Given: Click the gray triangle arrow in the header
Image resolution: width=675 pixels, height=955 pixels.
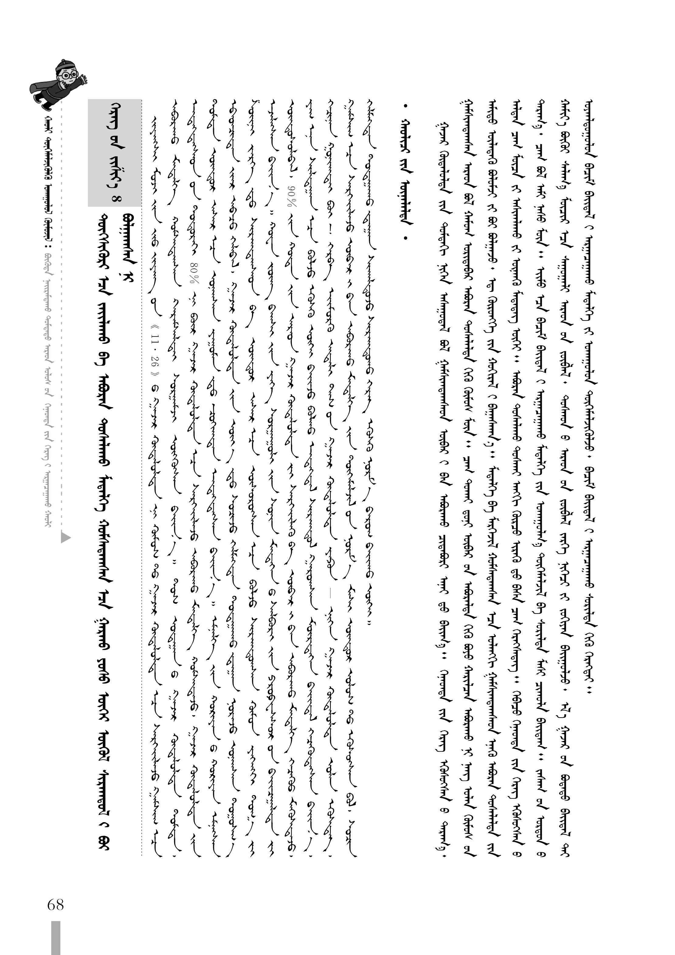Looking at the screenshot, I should (x=66, y=537).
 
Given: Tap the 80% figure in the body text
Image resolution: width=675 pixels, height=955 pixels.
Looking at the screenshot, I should (x=193, y=265).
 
